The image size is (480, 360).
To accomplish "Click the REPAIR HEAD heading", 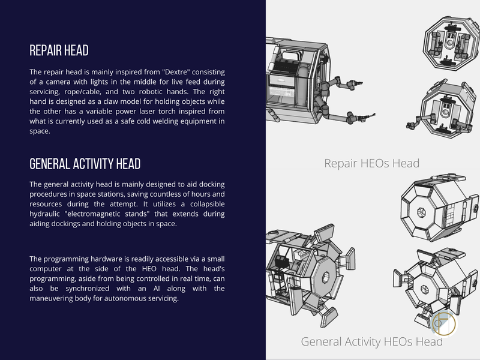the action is click(x=59, y=50).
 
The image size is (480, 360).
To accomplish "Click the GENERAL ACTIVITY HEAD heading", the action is click(x=85, y=164).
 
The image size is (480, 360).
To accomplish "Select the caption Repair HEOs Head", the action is click(x=371, y=163).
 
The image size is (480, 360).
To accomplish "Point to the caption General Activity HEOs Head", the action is click(x=371, y=341).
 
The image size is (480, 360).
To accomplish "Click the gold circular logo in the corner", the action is click(x=443, y=324).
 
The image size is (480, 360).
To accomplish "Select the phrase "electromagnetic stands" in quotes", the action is click(x=107, y=214).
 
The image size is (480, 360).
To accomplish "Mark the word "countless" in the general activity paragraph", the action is click(x=143, y=194).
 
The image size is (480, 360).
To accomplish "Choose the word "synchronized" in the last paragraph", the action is click(x=87, y=289).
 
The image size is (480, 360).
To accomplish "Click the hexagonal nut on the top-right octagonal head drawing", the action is click(x=422, y=212).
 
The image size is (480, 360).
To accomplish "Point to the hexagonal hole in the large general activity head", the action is click(x=325, y=278).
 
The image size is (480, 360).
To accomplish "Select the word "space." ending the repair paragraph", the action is click(x=40, y=131).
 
